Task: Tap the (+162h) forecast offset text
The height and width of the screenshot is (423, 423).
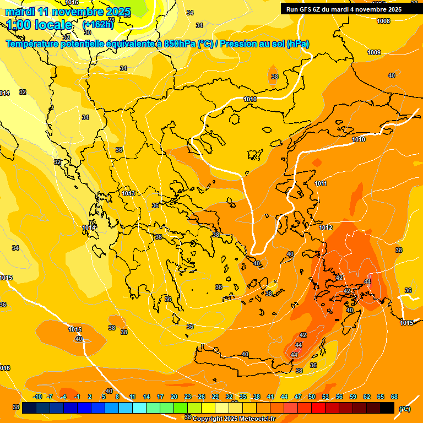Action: pos(97,25)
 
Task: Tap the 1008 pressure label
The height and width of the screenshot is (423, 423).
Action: pos(383,21)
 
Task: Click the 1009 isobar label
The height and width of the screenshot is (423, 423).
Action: pos(374,52)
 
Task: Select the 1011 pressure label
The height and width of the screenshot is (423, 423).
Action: pos(321,183)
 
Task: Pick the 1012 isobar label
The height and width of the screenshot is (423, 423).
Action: pos(326,227)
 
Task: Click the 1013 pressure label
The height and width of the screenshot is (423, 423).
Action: pos(129,193)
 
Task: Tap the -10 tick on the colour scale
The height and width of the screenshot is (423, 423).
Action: pos(37,397)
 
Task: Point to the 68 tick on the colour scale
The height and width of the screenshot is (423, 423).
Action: pos(394,397)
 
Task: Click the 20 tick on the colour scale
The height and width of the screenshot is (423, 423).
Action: pos(174,397)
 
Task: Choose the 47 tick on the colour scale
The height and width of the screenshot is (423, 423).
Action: pos(298,397)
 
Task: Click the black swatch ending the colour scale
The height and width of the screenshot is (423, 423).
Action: pos(387,408)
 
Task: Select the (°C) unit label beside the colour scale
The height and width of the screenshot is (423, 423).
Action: pos(404,408)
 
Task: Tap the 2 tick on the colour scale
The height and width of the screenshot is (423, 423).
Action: pos(90,397)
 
